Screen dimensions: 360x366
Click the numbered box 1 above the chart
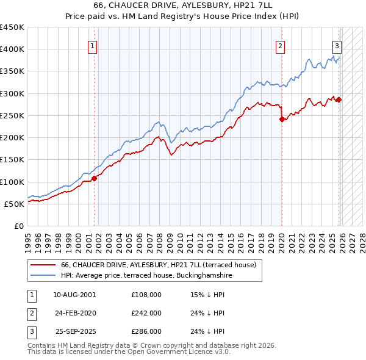click(x=92, y=45)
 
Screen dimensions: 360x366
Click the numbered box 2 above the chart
click(x=280, y=45)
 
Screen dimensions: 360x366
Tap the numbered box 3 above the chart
click(x=336, y=45)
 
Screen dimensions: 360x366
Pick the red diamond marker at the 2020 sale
click(x=282, y=120)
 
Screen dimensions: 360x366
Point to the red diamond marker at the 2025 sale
click(x=339, y=100)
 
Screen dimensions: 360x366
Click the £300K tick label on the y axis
click(x=12, y=93)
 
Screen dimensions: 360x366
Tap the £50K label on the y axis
click(x=14, y=204)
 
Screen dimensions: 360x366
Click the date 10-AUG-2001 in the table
click(x=74, y=295)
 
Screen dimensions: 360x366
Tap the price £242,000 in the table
click(x=146, y=313)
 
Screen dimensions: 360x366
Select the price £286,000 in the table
click(x=146, y=331)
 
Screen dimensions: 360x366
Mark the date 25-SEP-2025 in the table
click(x=74, y=331)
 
